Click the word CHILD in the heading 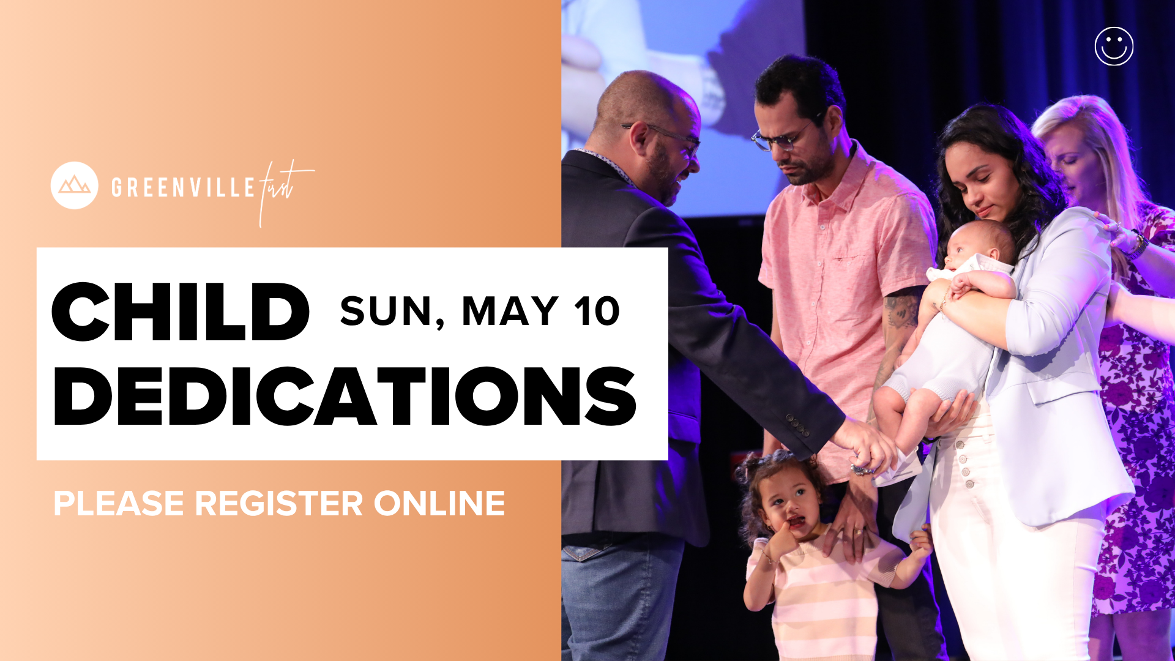tap(181, 312)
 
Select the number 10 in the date tap(597, 312)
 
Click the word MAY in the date tap(510, 312)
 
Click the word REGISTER tap(279, 504)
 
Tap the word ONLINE tap(439, 504)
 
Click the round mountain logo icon tap(74, 185)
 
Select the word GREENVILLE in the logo tap(183, 187)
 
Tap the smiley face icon tap(1114, 47)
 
